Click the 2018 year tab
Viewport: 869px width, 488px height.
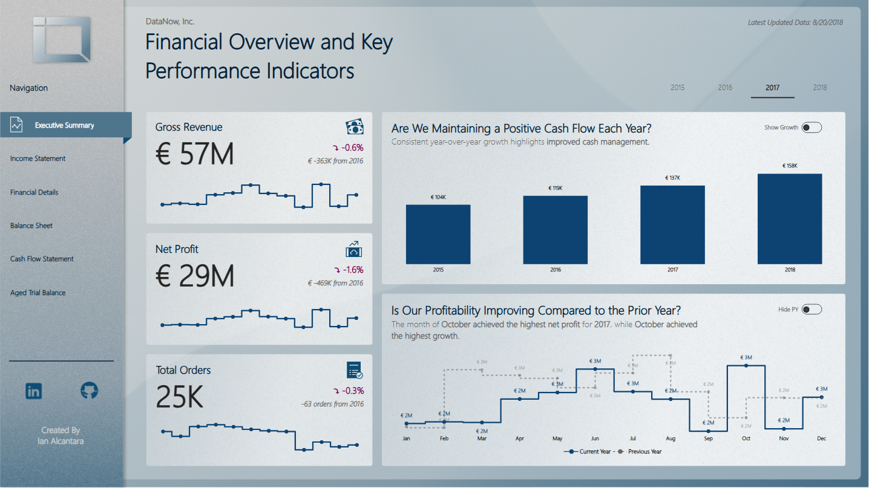820,88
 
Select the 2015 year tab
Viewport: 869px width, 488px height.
678,88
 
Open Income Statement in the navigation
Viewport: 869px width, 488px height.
38,158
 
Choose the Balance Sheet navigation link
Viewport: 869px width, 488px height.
31,226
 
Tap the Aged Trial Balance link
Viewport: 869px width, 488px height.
38,293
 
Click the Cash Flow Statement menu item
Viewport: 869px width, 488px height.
42,259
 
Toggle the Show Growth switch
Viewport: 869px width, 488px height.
812,128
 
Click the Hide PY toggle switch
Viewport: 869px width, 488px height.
812,310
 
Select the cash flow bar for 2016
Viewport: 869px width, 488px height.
555,230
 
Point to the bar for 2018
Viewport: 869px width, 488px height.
790,219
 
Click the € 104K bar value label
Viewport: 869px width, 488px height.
438,198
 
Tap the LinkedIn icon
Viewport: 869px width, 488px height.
34,391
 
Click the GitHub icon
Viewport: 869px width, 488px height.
89,391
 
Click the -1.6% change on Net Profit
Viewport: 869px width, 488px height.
352,270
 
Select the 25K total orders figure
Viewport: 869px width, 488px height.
180,397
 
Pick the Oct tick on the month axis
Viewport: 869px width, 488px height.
746,438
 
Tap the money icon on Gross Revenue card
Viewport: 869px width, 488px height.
355,127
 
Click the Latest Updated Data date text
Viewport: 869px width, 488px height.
795,23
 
